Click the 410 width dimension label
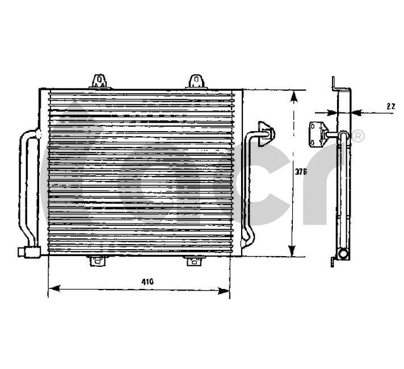[x=148, y=281]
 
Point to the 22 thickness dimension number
[x=390, y=106]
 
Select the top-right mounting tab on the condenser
[x=196, y=81]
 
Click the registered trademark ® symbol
[x=358, y=136]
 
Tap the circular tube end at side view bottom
[x=342, y=254]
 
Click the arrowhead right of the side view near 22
[x=355, y=112]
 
